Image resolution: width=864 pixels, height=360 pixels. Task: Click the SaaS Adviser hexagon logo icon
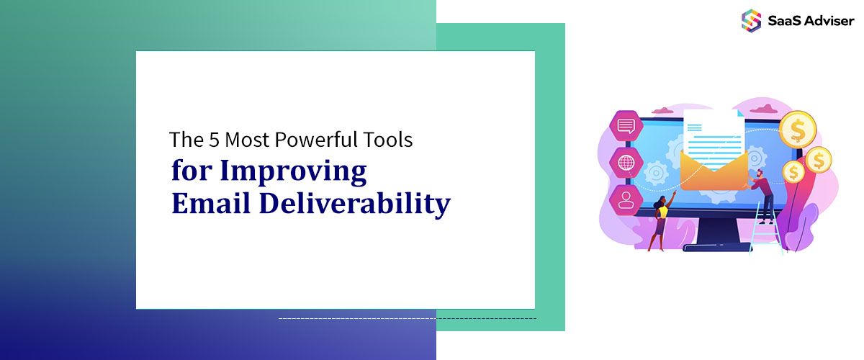click(x=751, y=20)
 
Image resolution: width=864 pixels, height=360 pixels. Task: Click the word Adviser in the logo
click(x=829, y=21)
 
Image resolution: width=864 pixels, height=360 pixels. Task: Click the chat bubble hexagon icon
click(x=626, y=127)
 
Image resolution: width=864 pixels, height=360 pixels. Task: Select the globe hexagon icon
click(x=626, y=162)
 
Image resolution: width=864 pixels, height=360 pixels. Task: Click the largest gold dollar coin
click(x=797, y=130)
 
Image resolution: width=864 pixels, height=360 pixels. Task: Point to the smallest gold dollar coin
click(x=793, y=172)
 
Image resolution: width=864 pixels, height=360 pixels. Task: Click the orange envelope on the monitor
click(x=713, y=173)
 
